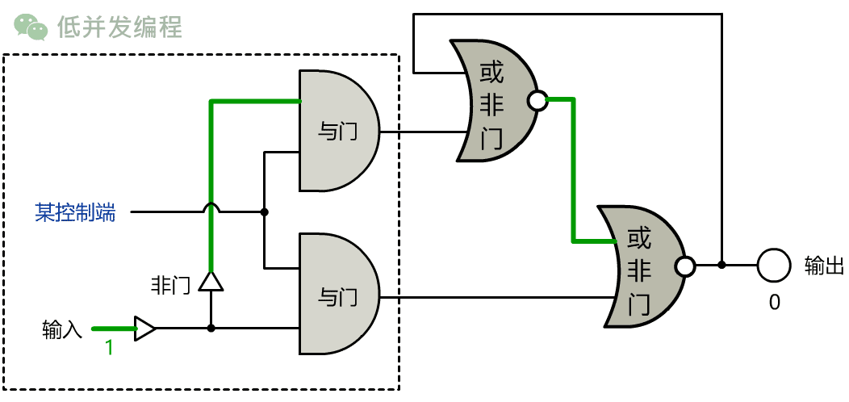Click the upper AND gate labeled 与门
tap(337, 131)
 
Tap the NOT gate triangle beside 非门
tap(211, 281)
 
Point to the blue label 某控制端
tap(75, 212)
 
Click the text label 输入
tap(62, 329)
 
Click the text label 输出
tap(823, 265)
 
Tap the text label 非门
tap(170, 285)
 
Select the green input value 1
tap(108, 349)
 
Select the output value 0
tap(774, 302)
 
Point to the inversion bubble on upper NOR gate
tap(536, 101)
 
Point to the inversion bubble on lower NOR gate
tap(685, 266)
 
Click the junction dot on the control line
tap(264, 212)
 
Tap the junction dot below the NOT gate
tap(211, 329)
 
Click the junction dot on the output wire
tap(721, 265)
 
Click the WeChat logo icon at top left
tap(31, 27)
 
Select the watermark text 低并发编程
tap(119, 27)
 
